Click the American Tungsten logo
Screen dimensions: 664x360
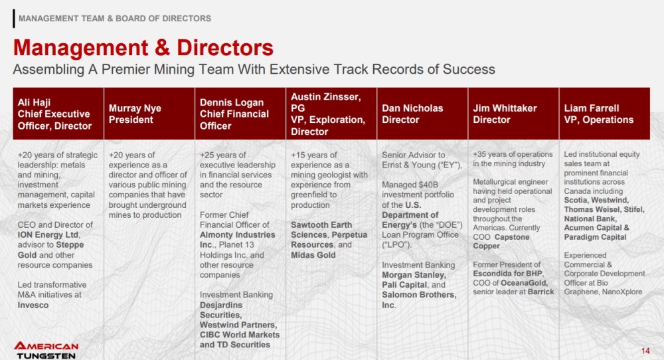click(x=46, y=350)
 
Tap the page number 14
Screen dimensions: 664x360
click(x=645, y=351)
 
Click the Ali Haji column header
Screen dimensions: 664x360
click(x=58, y=114)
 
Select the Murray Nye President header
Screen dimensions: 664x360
click(x=149, y=114)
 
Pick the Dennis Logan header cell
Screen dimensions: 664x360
click(x=240, y=114)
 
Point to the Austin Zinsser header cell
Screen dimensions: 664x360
click(x=331, y=114)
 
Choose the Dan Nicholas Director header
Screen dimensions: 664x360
click(x=422, y=114)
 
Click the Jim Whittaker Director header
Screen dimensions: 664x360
click(x=513, y=114)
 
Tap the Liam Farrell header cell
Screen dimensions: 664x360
click(x=604, y=114)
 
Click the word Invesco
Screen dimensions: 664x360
click(x=33, y=305)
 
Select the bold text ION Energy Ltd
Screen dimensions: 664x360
click(x=48, y=234)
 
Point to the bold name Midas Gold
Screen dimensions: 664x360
click(x=313, y=255)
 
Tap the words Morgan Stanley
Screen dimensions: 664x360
click(x=413, y=275)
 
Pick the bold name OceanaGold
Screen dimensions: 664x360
click(x=525, y=282)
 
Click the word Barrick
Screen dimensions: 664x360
click(x=540, y=292)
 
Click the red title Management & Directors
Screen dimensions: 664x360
click(x=143, y=47)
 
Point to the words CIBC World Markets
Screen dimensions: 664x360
click(x=240, y=335)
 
